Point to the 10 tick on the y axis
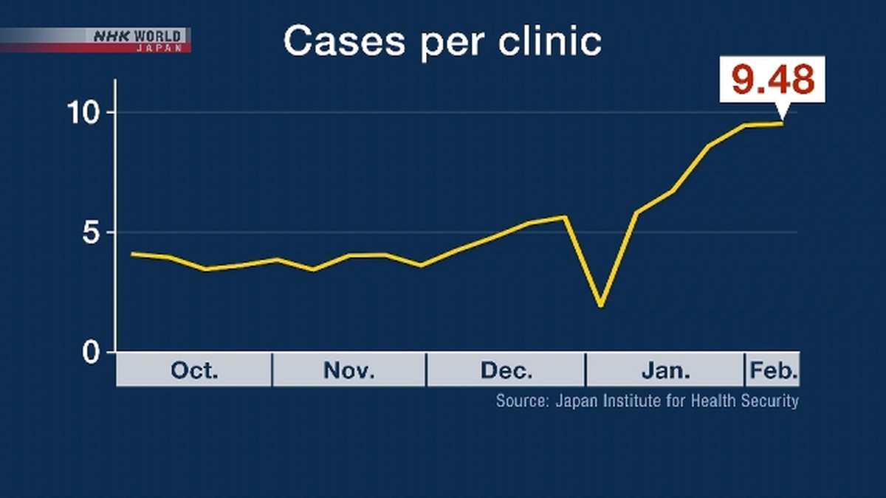[86, 113]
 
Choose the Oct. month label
[194, 370]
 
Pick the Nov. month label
[349, 370]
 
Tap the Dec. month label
[506, 370]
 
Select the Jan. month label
[665, 370]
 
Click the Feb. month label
[773, 370]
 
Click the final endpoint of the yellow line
[782, 123]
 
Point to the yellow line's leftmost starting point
[131, 254]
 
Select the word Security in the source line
[772, 401]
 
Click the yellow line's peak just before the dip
[565, 217]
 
